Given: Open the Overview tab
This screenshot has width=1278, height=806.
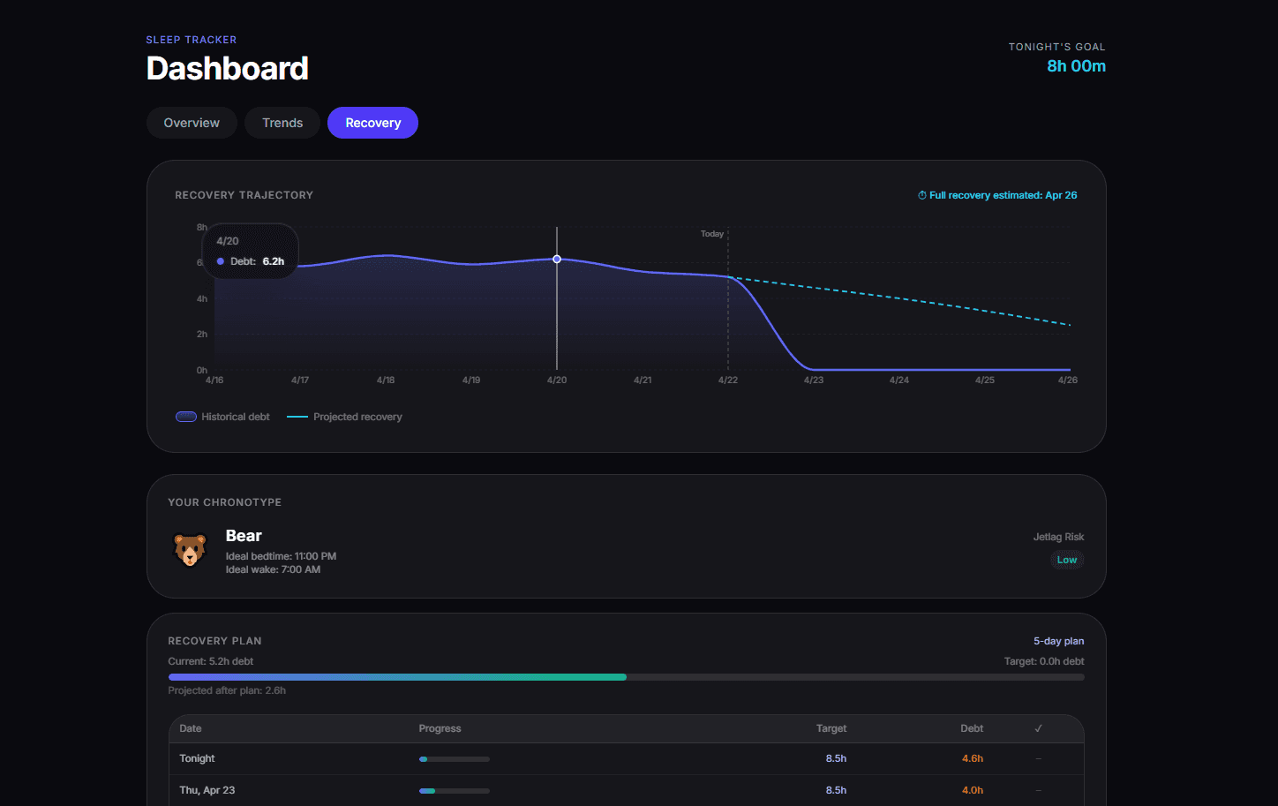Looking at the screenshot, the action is [192, 123].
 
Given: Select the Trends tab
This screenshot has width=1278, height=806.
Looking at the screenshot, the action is [282, 123].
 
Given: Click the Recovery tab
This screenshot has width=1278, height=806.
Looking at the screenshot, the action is [372, 123].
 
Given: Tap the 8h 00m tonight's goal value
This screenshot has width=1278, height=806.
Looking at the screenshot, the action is [1076, 66].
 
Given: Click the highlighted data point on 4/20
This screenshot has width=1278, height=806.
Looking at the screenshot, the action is [557, 260].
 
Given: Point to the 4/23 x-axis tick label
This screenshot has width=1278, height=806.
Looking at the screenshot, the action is [814, 380].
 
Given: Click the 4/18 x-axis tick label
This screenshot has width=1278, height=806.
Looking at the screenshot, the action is [386, 380].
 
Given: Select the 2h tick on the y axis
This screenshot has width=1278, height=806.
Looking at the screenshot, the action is [202, 334].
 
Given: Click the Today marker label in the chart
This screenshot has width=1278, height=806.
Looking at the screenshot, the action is [712, 233].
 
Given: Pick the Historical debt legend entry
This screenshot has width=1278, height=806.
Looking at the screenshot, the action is [222, 417].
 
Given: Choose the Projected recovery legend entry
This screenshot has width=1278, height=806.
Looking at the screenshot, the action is [344, 417].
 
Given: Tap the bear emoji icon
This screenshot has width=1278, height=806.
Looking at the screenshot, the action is [190, 550].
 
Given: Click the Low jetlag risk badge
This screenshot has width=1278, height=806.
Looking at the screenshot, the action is [1066, 560].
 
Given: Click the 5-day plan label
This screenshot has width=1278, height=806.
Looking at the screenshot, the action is [1058, 641].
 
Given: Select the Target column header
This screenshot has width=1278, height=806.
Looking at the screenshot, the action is [831, 728].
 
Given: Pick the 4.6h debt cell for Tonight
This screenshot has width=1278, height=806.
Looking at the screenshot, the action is [973, 758].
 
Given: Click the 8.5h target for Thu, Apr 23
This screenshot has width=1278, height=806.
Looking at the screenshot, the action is [836, 790].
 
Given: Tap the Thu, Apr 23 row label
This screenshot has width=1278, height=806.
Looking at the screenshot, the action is [207, 790].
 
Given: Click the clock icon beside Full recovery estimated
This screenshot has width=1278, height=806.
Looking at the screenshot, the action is [921, 195].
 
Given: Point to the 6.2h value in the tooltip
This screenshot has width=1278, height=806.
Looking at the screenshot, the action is [274, 261].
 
